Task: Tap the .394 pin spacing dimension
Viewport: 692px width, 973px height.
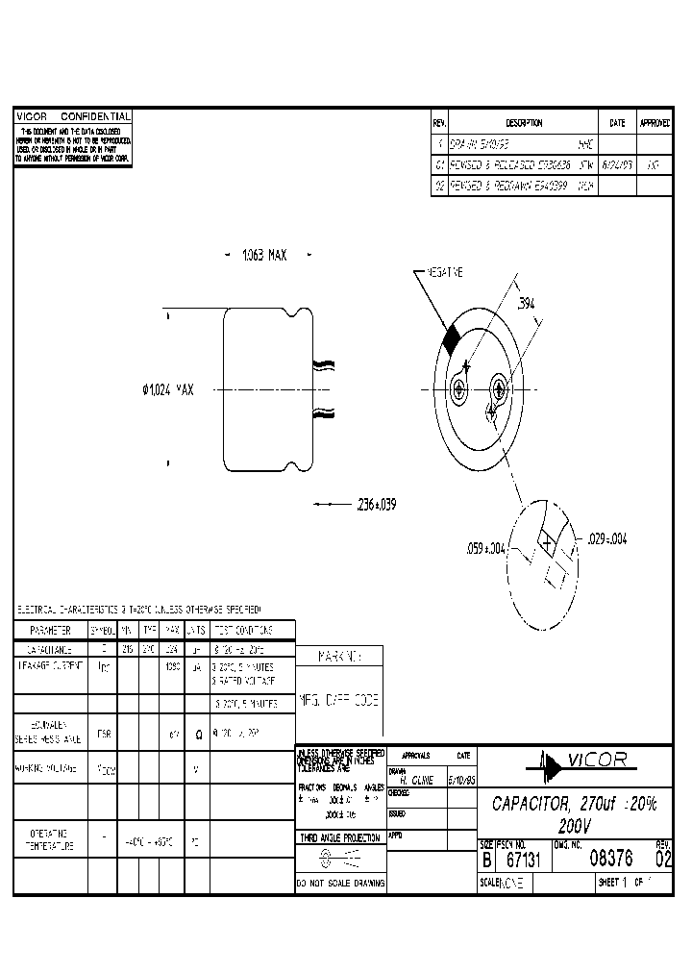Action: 526,304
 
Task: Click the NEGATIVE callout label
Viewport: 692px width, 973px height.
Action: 444,272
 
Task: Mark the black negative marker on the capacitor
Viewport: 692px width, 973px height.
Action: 452,337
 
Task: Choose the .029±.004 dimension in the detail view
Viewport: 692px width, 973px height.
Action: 605,539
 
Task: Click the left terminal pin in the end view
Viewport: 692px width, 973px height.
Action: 459,389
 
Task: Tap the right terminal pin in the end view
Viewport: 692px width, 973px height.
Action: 499,389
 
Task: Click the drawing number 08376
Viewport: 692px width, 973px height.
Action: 611,860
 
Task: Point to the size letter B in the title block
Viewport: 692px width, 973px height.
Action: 486,861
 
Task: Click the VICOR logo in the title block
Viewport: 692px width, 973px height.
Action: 579,761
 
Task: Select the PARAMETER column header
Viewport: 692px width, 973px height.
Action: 50,630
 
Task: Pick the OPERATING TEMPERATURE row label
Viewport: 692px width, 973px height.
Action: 50,839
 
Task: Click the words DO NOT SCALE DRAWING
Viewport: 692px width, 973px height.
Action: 341,883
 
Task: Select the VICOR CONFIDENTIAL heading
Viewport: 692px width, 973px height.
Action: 73,115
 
